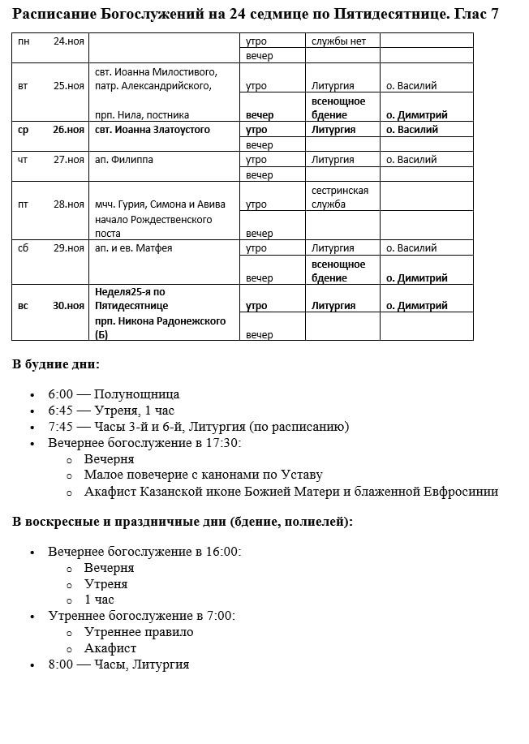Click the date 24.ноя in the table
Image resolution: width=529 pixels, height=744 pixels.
pos(69,41)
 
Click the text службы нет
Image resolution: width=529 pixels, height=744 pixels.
pos(339,41)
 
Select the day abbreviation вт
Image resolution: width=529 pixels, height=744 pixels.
pos(23,86)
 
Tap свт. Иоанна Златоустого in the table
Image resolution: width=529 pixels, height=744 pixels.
pos(153,130)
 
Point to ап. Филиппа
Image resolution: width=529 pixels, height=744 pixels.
pos(124,160)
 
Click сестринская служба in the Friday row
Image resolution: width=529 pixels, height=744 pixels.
pos(340,197)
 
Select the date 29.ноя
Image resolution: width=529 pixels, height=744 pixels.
pos(69,248)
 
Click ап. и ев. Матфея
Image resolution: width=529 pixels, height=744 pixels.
pos(134,248)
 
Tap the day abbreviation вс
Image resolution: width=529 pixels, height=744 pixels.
pos(23,306)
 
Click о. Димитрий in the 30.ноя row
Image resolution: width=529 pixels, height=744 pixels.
pos(416,306)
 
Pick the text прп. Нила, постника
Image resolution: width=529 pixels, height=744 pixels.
pos(142,115)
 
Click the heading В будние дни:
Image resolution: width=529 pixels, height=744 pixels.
pos(56,364)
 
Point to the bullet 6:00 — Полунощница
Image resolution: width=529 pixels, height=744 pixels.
pos(114,394)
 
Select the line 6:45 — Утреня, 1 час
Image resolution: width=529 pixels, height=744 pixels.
pos(111,411)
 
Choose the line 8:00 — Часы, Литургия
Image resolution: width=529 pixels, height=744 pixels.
pos(118,664)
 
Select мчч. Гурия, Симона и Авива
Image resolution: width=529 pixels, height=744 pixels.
pos(160,204)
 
